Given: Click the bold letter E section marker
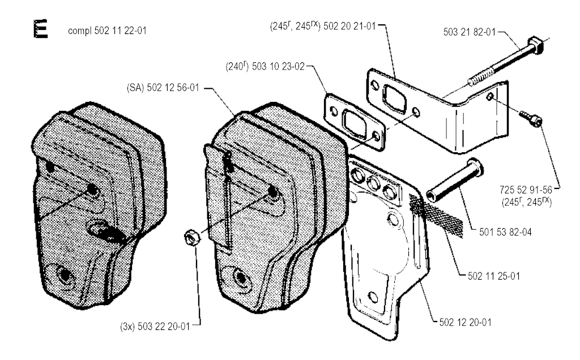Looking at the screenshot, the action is pos(40,29).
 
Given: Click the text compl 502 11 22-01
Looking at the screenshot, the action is pos(107,31).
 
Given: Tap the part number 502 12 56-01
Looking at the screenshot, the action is pos(173,88).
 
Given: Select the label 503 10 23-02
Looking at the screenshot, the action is pos(278,67).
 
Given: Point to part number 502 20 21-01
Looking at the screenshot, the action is pos(349,26).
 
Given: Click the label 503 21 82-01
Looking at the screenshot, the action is pos(470,32).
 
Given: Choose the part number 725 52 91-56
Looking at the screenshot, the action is pos(526,190).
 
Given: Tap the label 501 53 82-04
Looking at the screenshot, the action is pos(505,232).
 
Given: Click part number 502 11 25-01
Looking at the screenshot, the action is pos(494,276).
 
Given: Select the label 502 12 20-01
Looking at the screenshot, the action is pos(466,322).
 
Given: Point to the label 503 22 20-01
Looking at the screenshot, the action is pos(164,327).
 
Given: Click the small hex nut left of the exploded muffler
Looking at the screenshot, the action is pos(192,237).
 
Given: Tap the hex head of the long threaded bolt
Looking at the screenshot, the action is pos(536,45).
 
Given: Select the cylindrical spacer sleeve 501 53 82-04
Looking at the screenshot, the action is pos(454,180).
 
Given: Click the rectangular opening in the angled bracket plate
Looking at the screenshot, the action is pos(395,97).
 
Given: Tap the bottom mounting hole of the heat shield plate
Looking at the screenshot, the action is pos(374,297).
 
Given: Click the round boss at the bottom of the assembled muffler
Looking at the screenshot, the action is pos(65,275).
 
